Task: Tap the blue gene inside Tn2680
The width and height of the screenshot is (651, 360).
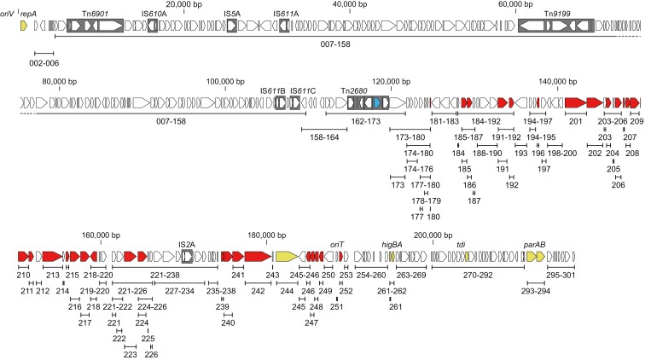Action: point(376,102)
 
